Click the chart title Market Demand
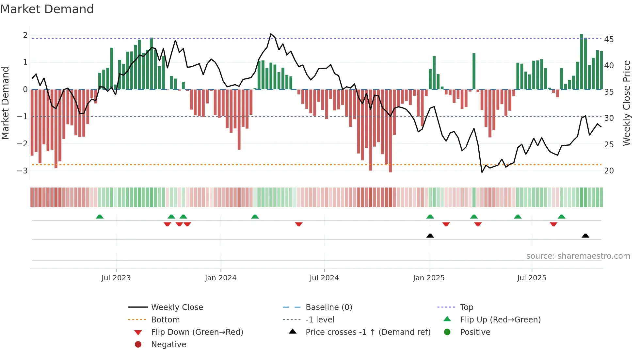pos(47,9)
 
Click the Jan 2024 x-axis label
pos(220,278)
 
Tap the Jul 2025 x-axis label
pos(531,278)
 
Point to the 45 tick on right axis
pos(609,40)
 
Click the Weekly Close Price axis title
pos(626,103)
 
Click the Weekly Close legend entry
pos(177,307)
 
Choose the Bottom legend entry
pos(165,320)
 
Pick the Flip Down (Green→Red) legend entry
pos(197,332)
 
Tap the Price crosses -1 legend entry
pos(368,332)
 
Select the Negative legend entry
pos(168,345)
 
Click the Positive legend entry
pos(475,332)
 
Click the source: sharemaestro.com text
pos(578,256)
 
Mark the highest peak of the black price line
pos(271,34)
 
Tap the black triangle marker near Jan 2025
pos(430,236)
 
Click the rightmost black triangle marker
pos(585,236)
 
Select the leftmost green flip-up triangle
pos(100,217)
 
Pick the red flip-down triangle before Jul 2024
pos(298,224)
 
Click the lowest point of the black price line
pos(482,172)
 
